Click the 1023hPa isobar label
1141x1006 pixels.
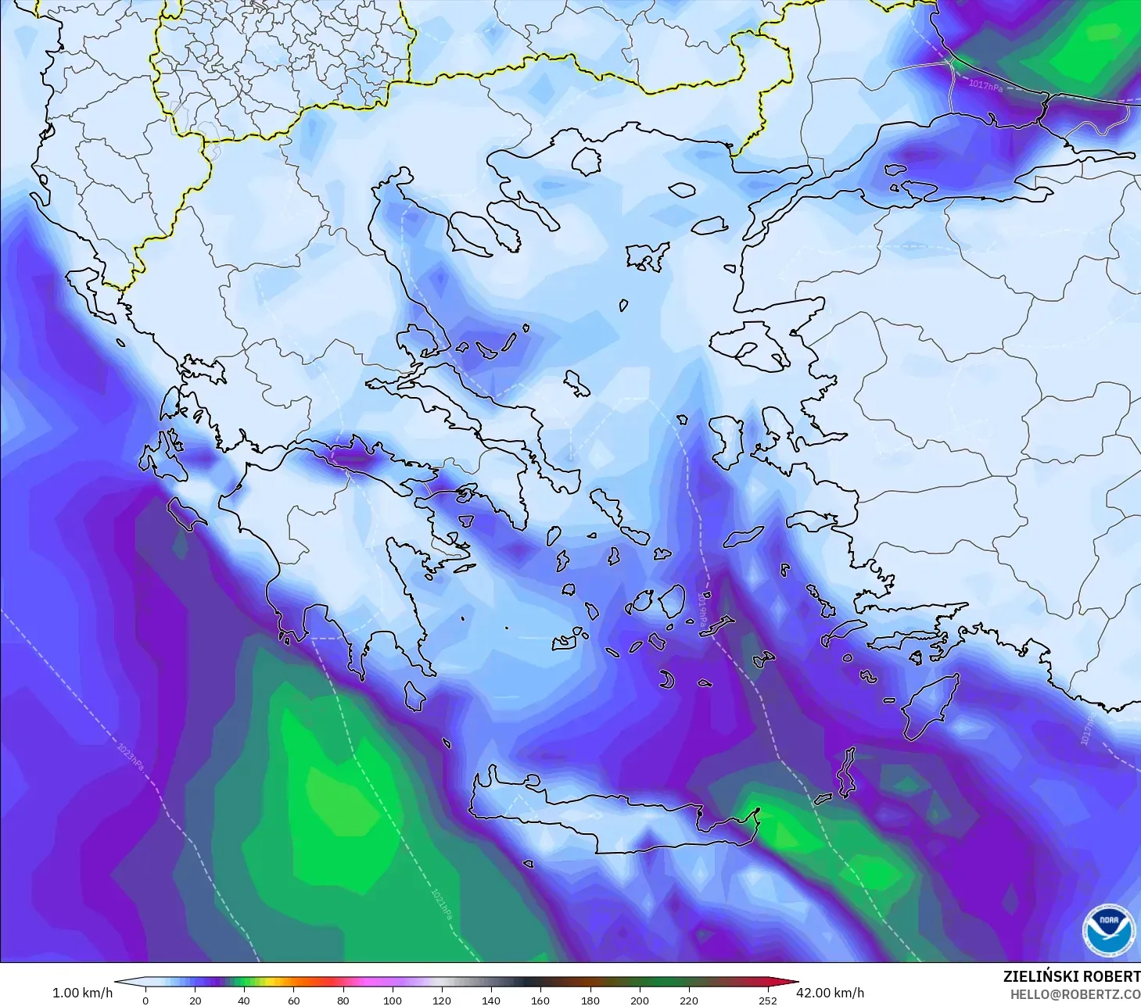click(x=131, y=757)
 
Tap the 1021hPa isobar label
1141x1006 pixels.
click(x=441, y=903)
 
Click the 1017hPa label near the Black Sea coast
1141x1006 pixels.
click(x=985, y=85)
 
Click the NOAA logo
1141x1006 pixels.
click(x=1107, y=929)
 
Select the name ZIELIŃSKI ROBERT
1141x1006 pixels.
click(x=1071, y=976)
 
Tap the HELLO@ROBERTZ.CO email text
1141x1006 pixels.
click(x=1075, y=994)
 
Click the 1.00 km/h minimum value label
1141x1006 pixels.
click(x=82, y=993)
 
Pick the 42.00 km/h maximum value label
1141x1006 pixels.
click(x=830, y=993)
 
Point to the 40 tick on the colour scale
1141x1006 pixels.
click(x=244, y=1000)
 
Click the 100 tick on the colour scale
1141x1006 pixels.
click(x=393, y=1000)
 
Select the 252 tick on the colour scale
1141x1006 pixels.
click(x=768, y=1000)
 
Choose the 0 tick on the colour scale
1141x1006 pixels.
click(x=145, y=1000)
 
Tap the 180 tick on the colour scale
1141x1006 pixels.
click(x=590, y=1000)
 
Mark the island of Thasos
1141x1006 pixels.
click(x=586, y=161)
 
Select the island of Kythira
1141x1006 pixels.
click(x=414, y=696)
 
